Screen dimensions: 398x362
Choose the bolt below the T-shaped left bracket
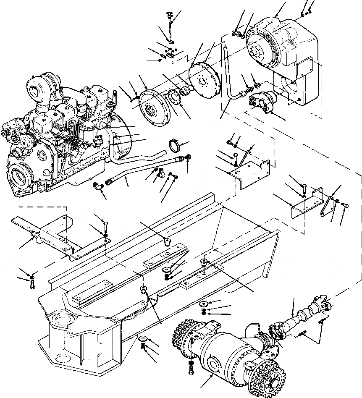(x=32, y=284)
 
